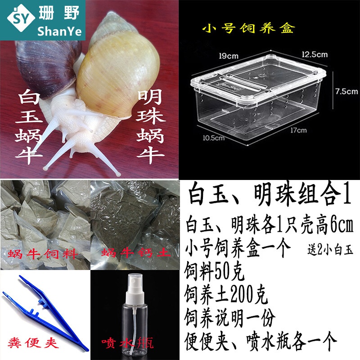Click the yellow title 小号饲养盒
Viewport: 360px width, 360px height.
(x=248, y=29)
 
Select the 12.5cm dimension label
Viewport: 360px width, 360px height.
(x=315, y=54)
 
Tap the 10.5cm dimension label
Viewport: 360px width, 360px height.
(x=213, y=138)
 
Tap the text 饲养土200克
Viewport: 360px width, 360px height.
(x=226, y=296)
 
